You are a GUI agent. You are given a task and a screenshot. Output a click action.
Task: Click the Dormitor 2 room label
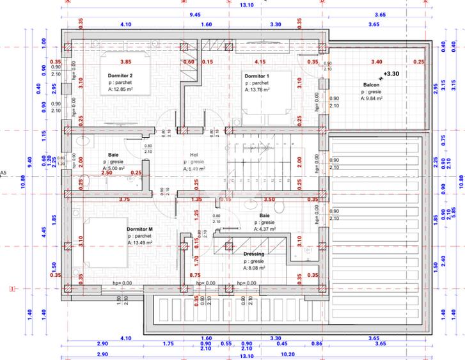pyautogui.click(x=120, y=75)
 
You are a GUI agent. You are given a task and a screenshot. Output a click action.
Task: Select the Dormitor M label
pyautogui.click(x=140, y=229)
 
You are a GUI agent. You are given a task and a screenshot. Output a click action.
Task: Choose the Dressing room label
pyautogui.click(x=254, y=254)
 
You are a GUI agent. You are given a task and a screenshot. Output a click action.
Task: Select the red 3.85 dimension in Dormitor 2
pyautogui.click(x=126, y=62)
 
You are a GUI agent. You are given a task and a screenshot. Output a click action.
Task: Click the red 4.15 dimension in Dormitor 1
pyautogui.click(x=260, y=62)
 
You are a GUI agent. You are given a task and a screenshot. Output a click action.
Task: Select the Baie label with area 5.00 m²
pyautogui.click(x=113, y=154)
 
